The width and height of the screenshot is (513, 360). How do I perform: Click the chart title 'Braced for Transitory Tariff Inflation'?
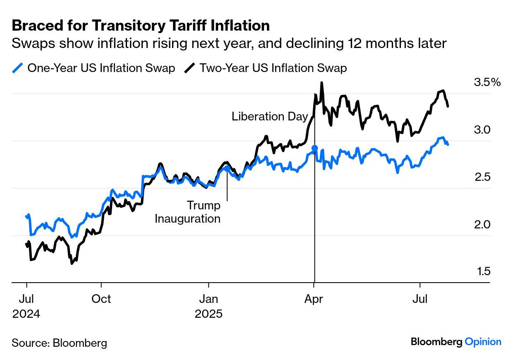click(x=141, y=26)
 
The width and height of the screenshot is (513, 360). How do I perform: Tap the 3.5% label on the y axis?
click(x=487, y=82)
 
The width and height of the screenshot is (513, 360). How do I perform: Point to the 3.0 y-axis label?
click(x=482, y=130)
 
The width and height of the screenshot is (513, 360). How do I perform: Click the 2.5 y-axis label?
click(x=482, y=177)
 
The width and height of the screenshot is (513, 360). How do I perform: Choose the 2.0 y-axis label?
click(x=482, y=225)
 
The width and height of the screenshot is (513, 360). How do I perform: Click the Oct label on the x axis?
click(x=101, y=299)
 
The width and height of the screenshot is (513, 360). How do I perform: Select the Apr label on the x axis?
click(x=314, y=299)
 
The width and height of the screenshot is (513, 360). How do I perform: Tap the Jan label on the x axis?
click(x=209, y=299)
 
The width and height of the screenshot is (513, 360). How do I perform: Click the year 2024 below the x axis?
click(x=26, y=314)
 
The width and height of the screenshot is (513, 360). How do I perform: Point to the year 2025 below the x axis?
click(x=209, y=314)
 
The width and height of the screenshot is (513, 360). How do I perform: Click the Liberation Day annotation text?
click(x=270, y=116)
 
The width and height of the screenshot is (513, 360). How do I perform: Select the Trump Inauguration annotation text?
click(x=188, y=212)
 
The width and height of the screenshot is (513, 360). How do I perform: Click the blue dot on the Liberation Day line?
click(x=314, y=148)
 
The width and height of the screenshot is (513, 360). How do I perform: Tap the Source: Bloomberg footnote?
click(x=59, y=343)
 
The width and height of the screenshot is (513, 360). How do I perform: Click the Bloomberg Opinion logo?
click(x=456, y=342)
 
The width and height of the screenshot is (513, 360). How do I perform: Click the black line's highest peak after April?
click(x=321, y=83)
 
